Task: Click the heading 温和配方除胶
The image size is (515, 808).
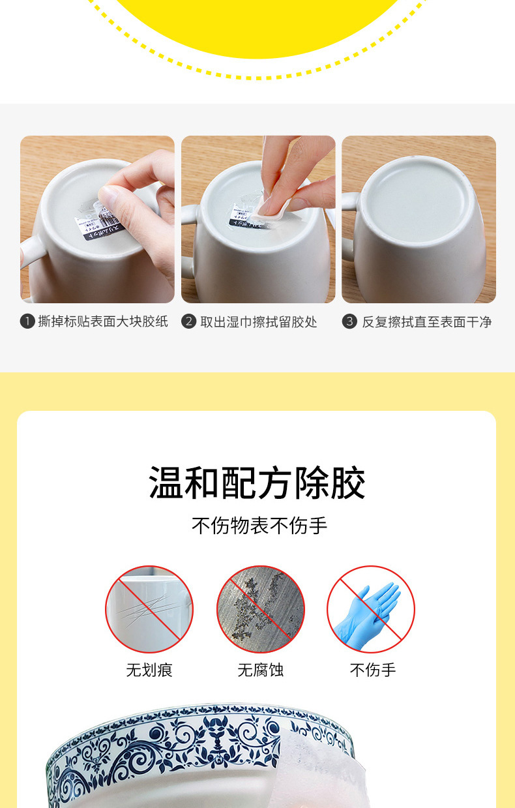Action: [257, 483]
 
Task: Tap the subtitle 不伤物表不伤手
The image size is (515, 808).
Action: [259, 526]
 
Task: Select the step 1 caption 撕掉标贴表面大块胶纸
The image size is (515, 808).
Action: [103, 322]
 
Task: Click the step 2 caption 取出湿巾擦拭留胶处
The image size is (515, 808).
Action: [258, 322]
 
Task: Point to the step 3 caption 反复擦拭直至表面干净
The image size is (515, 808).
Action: [426, 322]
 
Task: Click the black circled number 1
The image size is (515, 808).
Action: [27, 322]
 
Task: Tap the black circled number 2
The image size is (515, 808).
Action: [189, 322]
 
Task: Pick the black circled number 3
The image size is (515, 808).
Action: [350, 322]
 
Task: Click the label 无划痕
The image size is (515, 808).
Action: [149, 670]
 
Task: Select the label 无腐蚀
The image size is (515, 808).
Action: [260, 670]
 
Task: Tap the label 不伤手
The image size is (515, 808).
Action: [372, 670]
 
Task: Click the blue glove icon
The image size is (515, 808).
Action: [370, 610]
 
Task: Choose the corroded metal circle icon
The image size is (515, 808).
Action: [260, 610]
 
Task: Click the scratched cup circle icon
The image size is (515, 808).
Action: [149, 610]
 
